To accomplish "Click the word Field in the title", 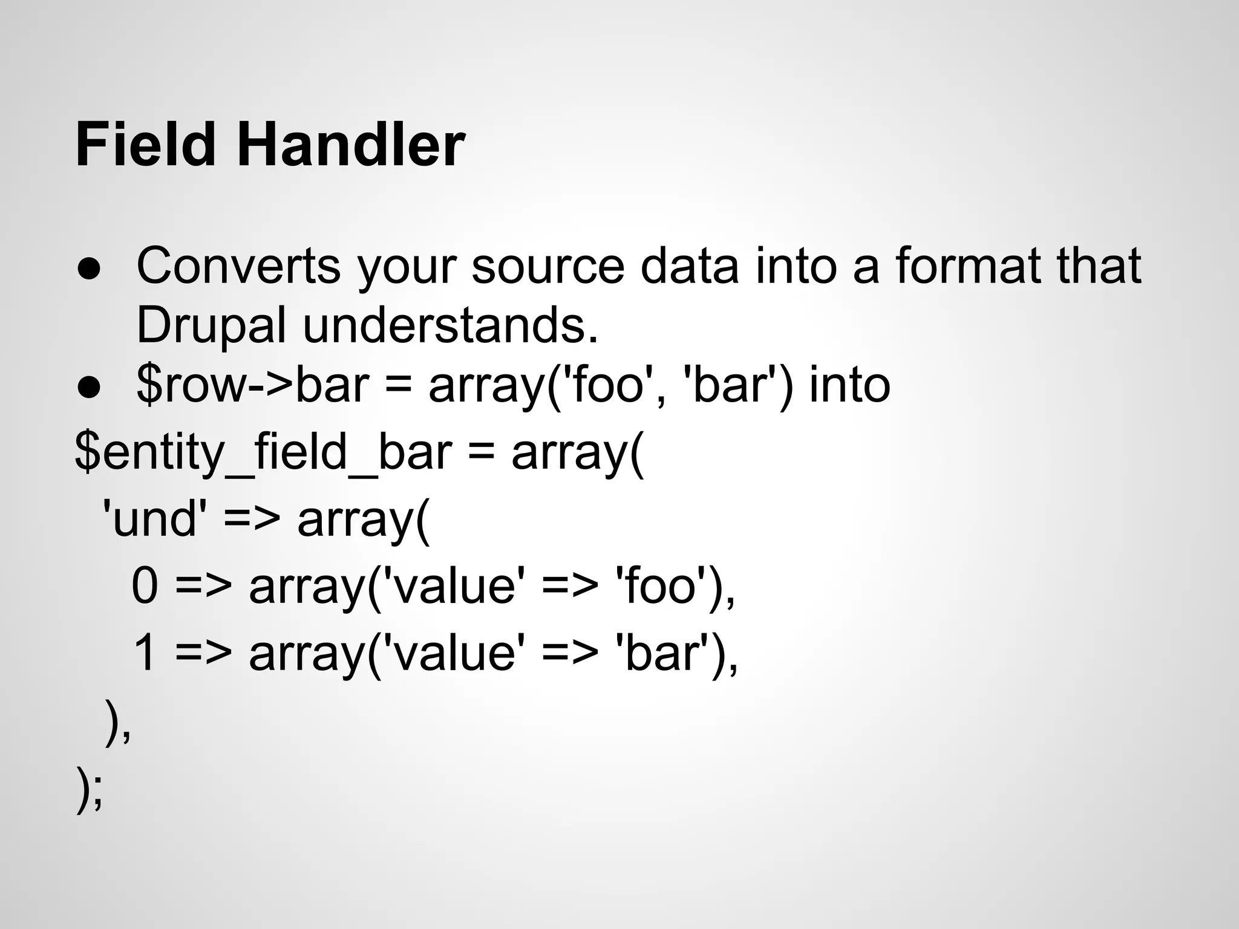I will [x=145, y=145].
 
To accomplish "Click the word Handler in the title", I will [x=351, y=145].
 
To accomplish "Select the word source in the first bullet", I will [x=548, y=266].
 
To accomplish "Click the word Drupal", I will [x=211, y=327].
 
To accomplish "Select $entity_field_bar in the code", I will [x=263, y=454].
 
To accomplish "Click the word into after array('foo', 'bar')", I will [x=849, y=386].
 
